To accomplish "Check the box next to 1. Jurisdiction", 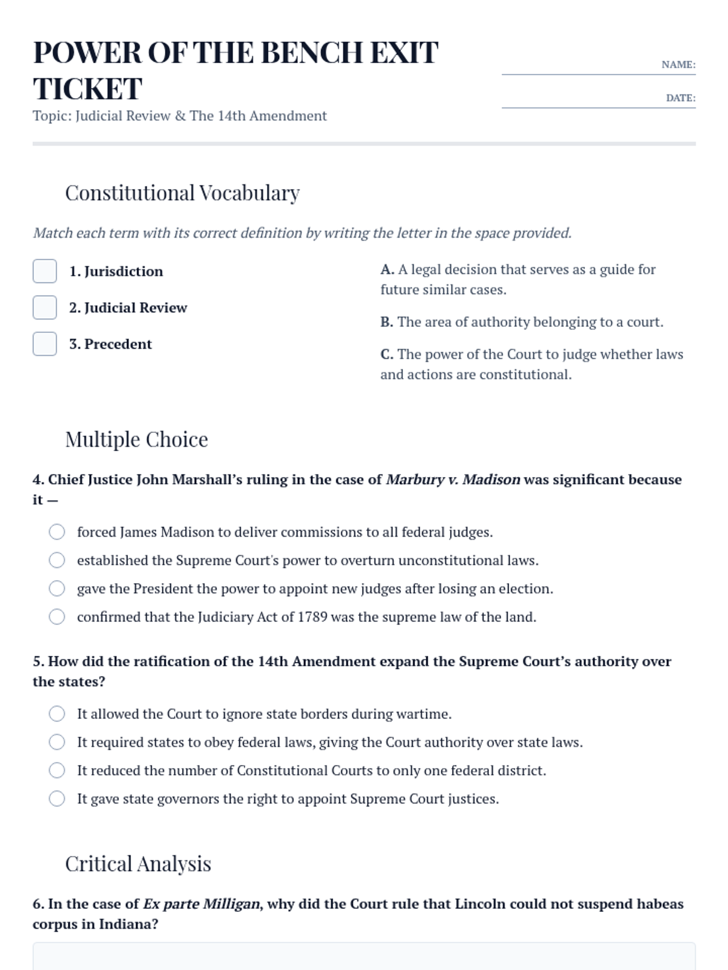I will coord(45,271).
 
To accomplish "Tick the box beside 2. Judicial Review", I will coord(45,307).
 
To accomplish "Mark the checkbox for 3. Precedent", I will coord(45,344).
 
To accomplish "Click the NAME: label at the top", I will coord(678,65).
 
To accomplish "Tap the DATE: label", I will coord(680,98).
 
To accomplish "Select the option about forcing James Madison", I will coord(57,532).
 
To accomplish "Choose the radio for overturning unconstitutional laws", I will coord(57,560).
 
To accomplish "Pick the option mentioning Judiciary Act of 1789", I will coord(57,617).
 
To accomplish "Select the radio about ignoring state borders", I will coord(57,714).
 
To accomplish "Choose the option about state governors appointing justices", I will coord(57,799).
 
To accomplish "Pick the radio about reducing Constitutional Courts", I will coord(57,771).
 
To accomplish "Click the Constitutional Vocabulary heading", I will coord(182,193).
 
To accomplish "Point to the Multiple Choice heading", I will coord(136,440).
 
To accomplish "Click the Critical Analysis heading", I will coord(138,864).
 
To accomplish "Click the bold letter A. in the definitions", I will coord(387,270).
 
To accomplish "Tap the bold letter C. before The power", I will coord(387,355).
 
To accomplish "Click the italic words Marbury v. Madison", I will coord(453,480).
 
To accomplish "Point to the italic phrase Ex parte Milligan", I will coord(201,904).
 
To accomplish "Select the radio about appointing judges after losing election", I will coord(57,589).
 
